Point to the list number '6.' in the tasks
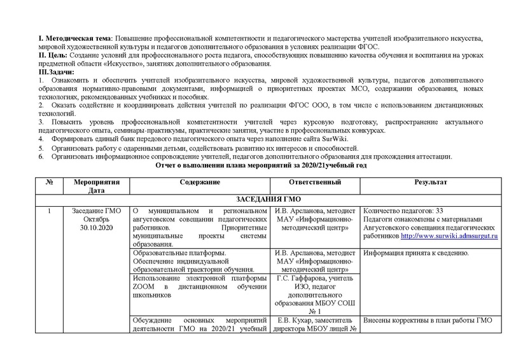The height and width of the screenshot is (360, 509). tap(41, 156)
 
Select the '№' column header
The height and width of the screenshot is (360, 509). tap(49, 183)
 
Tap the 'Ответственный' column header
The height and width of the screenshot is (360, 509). tap(314, 183)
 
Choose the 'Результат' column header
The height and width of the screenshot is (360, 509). tap(431, 183)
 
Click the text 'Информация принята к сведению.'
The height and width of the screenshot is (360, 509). tap(415, 253)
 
